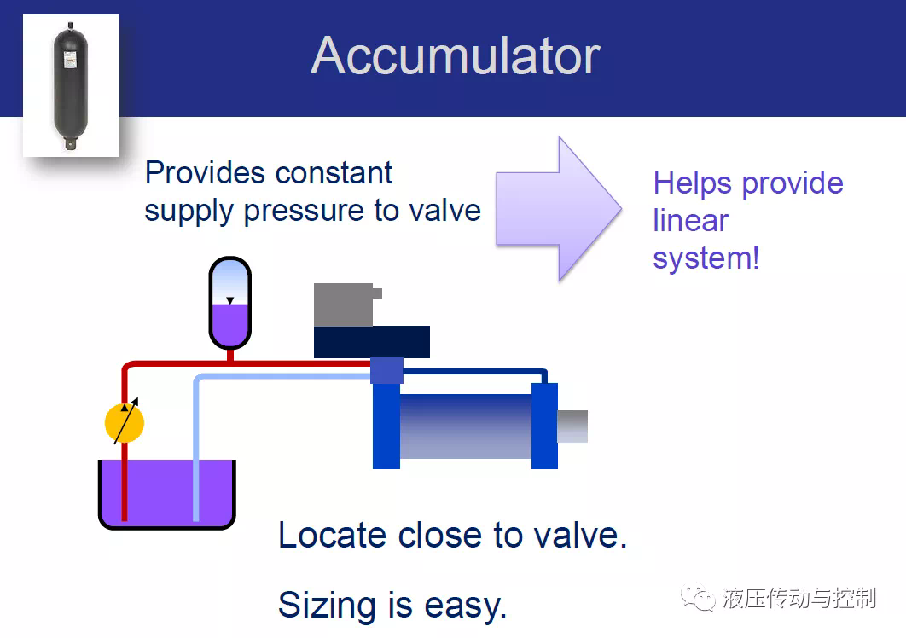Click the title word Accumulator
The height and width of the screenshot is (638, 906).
(456, 56)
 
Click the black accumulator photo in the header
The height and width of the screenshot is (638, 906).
(71, 85)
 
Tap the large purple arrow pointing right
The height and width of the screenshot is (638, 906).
(558, 209)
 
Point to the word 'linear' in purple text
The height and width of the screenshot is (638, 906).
(690, 220)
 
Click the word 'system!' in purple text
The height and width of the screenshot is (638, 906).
(706, 258)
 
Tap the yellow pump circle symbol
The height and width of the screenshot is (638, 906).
(125, 423)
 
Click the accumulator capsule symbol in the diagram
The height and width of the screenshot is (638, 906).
(230, 304)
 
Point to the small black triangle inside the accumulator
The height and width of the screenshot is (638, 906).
(230, 300)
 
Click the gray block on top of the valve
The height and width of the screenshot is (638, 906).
(346, 304)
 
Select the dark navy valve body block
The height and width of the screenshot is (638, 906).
(372, 341)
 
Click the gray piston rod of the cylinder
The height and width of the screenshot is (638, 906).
(572, 426)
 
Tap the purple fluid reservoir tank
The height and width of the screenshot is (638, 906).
(167, 494)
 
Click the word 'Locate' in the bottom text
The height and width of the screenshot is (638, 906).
(332, 535)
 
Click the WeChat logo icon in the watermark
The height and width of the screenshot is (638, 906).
(698, 597)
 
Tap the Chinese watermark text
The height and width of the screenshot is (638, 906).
(799, 598)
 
